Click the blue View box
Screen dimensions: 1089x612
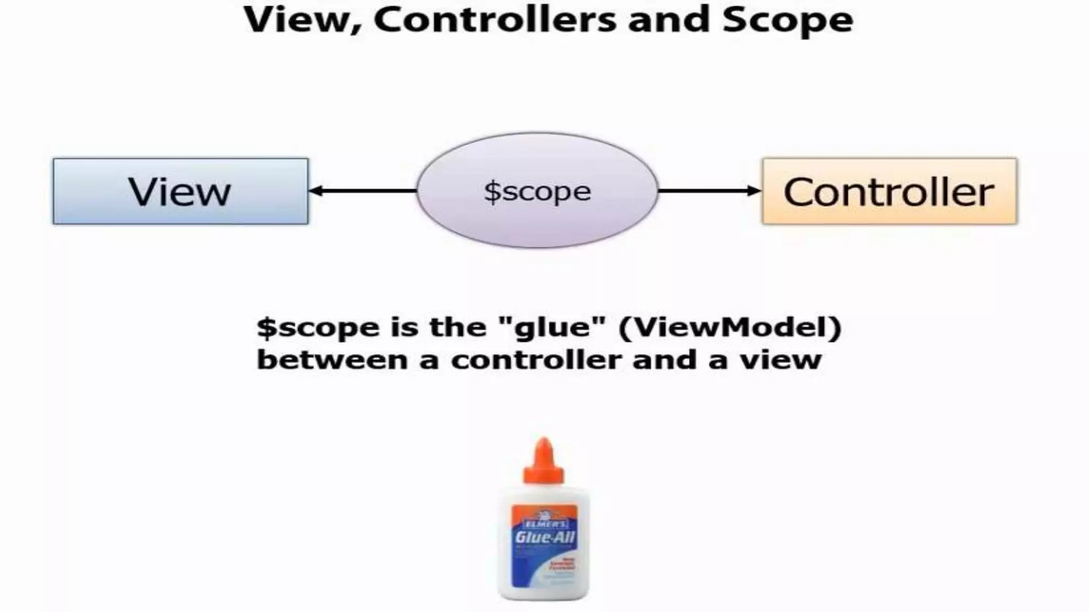[x=180, y=191]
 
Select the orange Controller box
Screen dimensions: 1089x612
[x=889, y=191]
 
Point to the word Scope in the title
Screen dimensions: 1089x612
[x=788, y=20]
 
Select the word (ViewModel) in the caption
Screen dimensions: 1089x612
[x=730, y=327]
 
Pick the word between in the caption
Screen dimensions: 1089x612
[x=332, y=360]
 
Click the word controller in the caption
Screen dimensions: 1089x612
[x=537, y=360]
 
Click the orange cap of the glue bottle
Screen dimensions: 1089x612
[x=543, y=462]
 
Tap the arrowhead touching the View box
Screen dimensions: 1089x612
[x=315, y=191]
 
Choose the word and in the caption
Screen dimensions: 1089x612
[x=664, y=360]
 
